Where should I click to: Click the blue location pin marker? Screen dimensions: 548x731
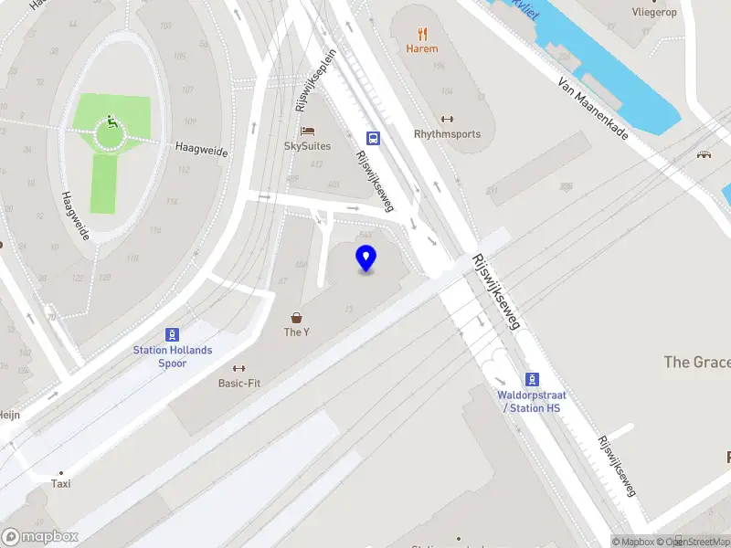(x=366, y=258)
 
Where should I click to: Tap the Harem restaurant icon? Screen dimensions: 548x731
(x=421, y=33)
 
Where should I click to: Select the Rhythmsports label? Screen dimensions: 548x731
(x=447, y=134)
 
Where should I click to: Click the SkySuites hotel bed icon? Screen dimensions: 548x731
(x=307, y=132)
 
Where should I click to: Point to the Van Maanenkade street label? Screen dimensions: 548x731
(x=593, y=108)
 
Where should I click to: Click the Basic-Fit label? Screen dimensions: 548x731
(x=238, y=384)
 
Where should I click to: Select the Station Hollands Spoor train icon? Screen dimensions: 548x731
(x=172, y=334)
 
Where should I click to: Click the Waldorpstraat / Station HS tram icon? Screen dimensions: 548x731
(x=532, y=379)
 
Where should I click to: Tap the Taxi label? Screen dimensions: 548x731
(x=61, y=484)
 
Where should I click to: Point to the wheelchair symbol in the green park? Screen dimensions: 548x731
(x=111, y=121)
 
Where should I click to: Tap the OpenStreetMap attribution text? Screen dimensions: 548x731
(x=697, y=542)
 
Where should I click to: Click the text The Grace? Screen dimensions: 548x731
(x=696, y=363)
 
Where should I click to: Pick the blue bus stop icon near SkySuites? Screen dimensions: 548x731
(x=374, y=138)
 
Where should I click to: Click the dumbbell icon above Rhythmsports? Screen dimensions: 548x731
(x=447, y=119)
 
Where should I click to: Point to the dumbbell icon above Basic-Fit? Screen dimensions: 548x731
(x=238, y=368)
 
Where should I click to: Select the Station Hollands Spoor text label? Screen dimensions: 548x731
(x=172, y=357)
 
